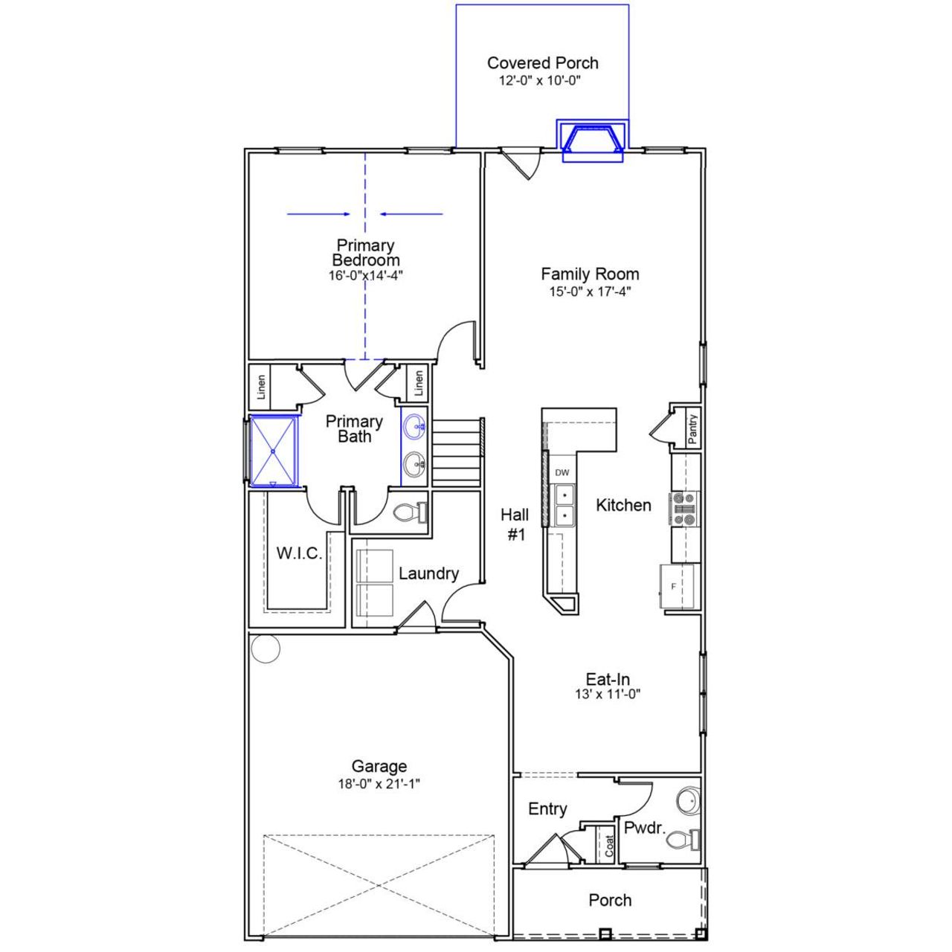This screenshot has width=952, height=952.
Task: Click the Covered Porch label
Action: pos(542,63)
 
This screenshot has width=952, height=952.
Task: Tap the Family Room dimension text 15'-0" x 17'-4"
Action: pos(590,292)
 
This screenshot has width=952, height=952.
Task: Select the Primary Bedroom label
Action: pos(365,253)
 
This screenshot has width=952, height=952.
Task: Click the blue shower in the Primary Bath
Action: pos(273,451)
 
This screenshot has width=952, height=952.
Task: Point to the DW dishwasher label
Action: pos(562,472)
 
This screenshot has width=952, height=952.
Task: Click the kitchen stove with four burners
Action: pos(684,509)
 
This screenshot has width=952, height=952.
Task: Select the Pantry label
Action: pos(692,429)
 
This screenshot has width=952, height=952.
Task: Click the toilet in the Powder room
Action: pos(681,840)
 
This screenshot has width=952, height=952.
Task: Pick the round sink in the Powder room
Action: pos(688,802)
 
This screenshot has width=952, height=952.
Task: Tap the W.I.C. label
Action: pos(299,553)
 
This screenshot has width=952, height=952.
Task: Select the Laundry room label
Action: pos(428,573)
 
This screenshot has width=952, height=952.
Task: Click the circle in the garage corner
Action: pos(266,649)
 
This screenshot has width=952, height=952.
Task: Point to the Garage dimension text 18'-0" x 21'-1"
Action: pos(379,783)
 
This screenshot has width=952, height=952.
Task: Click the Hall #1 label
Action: pos(515,524)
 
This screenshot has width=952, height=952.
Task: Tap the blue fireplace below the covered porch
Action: pos(592,141)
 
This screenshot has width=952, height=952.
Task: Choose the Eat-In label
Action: pos(608,679)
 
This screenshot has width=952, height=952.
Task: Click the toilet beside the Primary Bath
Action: pos(408,512)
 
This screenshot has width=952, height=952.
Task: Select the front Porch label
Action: pos(610,900)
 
